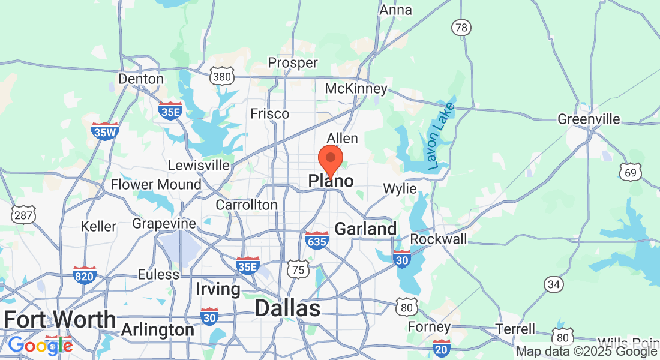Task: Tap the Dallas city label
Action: tap(287, 308)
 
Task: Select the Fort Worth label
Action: tap(59, 319)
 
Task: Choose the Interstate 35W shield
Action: tap(105, 131)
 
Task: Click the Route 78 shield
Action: tap(461, 27)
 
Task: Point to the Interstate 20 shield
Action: tap(442, 346)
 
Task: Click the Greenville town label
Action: tap(589, 119)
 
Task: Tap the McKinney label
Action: tap(356, 89)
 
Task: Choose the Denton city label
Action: tap(141, 79)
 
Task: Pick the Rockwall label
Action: tap(439, 239)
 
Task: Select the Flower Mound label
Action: tap(156, 184)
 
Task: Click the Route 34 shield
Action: tap(554, 283)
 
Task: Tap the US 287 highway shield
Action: tap(23, 214)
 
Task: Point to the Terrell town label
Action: tap(516, 329)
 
